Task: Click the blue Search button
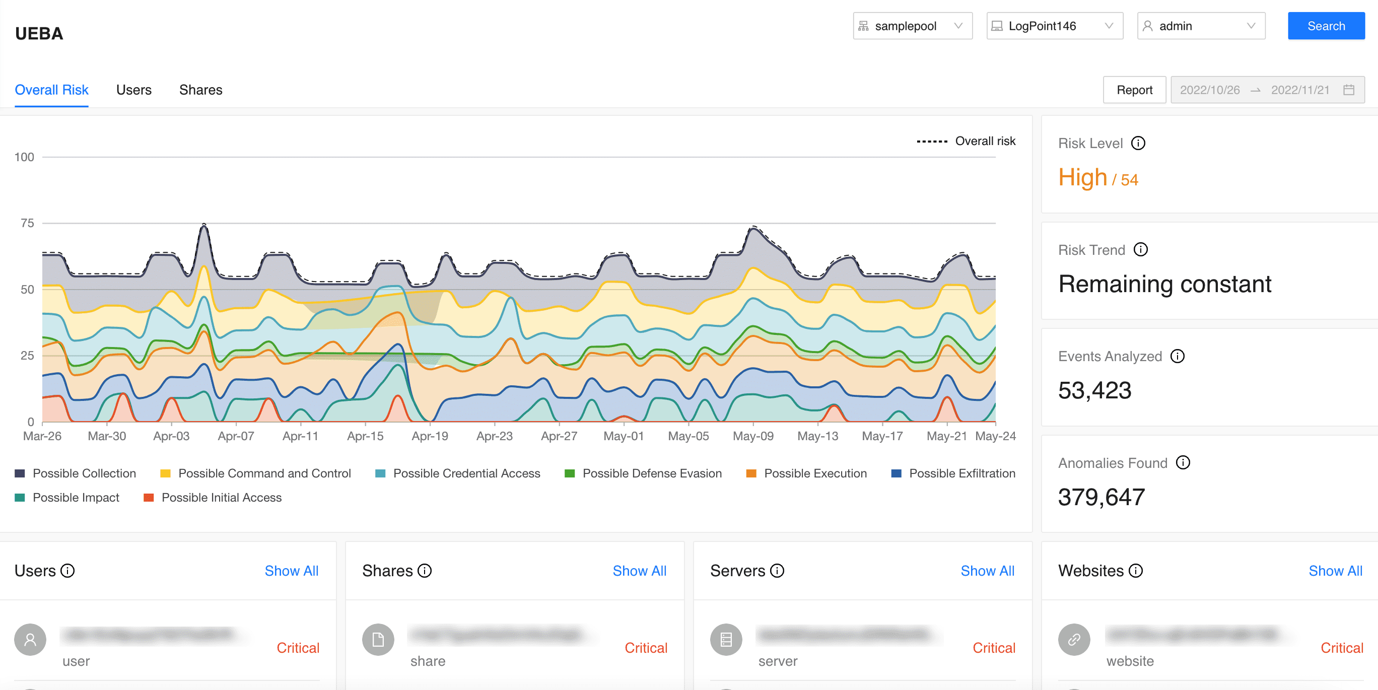pos(1326,26)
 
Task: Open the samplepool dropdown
pos(912,26)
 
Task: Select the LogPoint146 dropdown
pos(1054,26)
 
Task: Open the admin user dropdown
pos(1200,26)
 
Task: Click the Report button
pos(1134,90)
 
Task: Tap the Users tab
pos(134,90)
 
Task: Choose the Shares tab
pos(200,90)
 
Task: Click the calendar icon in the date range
pos(1349,90)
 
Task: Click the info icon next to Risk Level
pos(1138,144)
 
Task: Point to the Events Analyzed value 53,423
pos(1094,390)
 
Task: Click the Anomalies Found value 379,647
pos(1101,497)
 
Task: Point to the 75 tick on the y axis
pos(27,223)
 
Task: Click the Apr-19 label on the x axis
pos(430,436)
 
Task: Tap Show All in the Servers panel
pos(987,571)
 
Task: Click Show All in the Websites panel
pos(1335,571)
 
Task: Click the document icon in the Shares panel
pos(378,639)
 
